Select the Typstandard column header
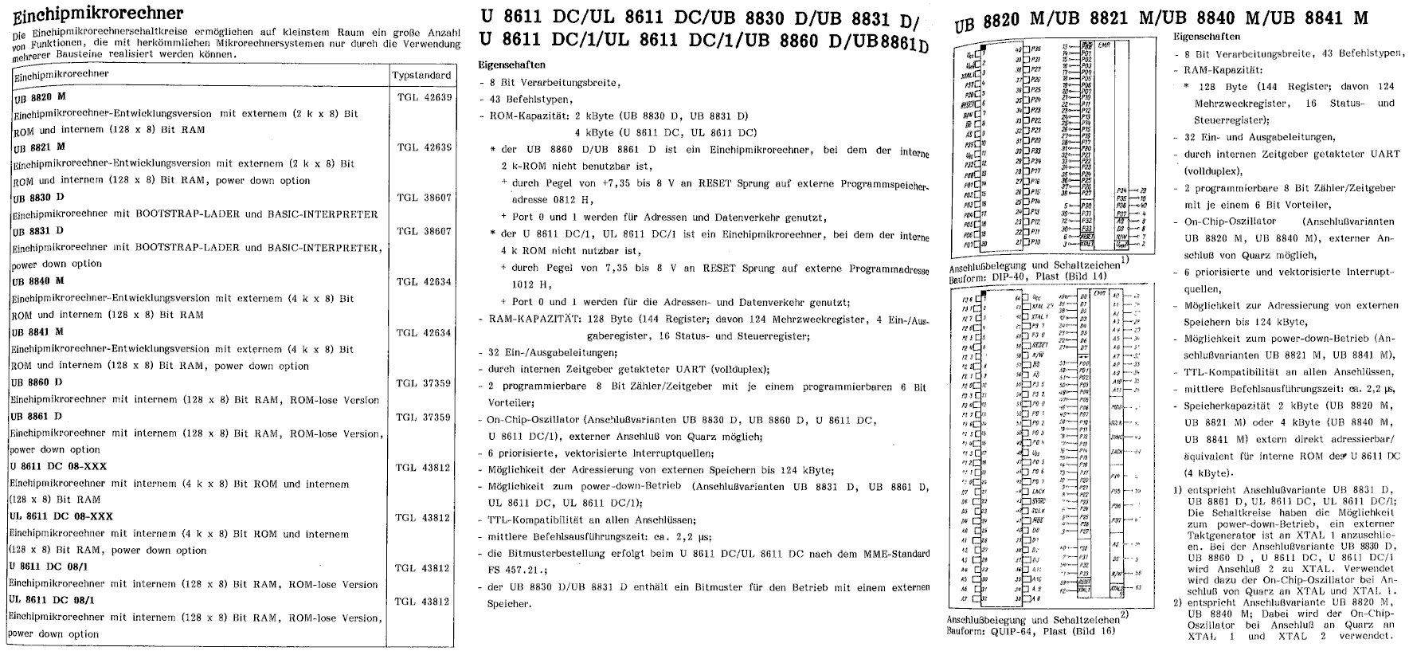[x=422, y=75]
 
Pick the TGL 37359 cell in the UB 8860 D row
[x=423, y=383]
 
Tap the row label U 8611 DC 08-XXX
[x=58, y=466]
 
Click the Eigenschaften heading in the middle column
[x=512, y=65]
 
